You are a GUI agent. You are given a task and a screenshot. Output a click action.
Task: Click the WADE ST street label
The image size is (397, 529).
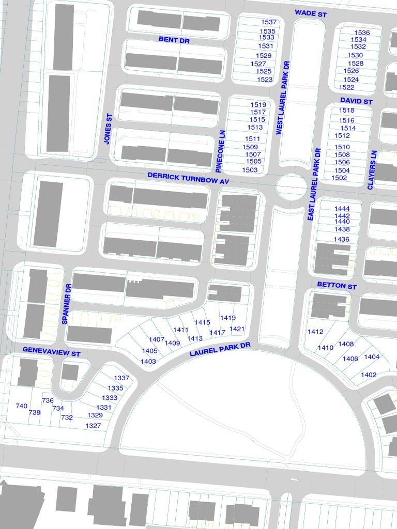[311, 13]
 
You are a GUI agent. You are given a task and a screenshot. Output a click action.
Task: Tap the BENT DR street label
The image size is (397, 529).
[175, 40]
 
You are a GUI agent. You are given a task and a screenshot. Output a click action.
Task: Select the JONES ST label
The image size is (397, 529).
[108, 129]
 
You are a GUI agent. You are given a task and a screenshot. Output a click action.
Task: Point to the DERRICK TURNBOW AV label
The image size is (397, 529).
[188, 179]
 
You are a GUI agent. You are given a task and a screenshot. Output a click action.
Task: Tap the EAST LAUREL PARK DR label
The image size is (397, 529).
[314, 184]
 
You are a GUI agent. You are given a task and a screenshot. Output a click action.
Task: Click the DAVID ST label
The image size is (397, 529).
[356, 101]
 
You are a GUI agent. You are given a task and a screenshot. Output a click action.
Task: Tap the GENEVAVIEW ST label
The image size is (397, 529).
[52, 351]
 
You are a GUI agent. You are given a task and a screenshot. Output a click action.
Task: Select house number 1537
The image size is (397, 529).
[269, 23]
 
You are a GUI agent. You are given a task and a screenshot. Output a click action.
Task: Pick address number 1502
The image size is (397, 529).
[339, 178]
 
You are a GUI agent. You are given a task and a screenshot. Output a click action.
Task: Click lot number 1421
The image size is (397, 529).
[237, 329]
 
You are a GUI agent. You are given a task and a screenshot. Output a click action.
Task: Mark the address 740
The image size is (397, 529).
[21, 407]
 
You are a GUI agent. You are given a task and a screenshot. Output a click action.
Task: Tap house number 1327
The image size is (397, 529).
[94, 426]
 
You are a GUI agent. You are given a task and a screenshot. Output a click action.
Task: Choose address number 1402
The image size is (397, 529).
[369, 375]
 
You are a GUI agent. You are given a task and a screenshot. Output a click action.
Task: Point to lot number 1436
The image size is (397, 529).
[342, 240]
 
